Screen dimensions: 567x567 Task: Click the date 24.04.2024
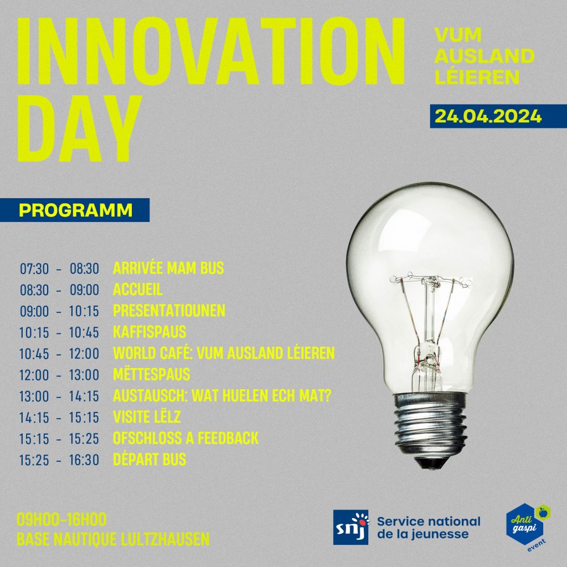coord(488,116)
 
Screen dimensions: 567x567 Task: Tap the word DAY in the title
coord(79,128)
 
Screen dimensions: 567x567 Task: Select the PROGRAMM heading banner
coord(75,210)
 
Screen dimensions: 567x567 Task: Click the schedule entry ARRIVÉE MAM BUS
coord(168,269)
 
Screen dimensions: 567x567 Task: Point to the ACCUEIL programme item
coord(137,289)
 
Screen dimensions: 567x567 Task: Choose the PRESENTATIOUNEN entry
coord(169,311)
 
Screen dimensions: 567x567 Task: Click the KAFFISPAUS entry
coord(150,332)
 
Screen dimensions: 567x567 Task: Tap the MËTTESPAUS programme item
coord(151,374)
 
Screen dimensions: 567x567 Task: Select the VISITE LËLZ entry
coord(146,417)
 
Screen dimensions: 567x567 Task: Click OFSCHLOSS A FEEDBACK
coord(185,439)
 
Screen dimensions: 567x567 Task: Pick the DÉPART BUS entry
coord(150,459)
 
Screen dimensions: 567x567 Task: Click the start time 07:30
coord(34,269)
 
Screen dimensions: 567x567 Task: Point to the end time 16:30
coord(84,460)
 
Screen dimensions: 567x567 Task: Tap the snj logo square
coord(350,527)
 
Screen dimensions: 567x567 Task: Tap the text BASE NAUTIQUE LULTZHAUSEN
coord(113,539)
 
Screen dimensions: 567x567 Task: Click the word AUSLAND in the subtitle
coord(484,56)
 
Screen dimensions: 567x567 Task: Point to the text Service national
coord(429,522)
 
